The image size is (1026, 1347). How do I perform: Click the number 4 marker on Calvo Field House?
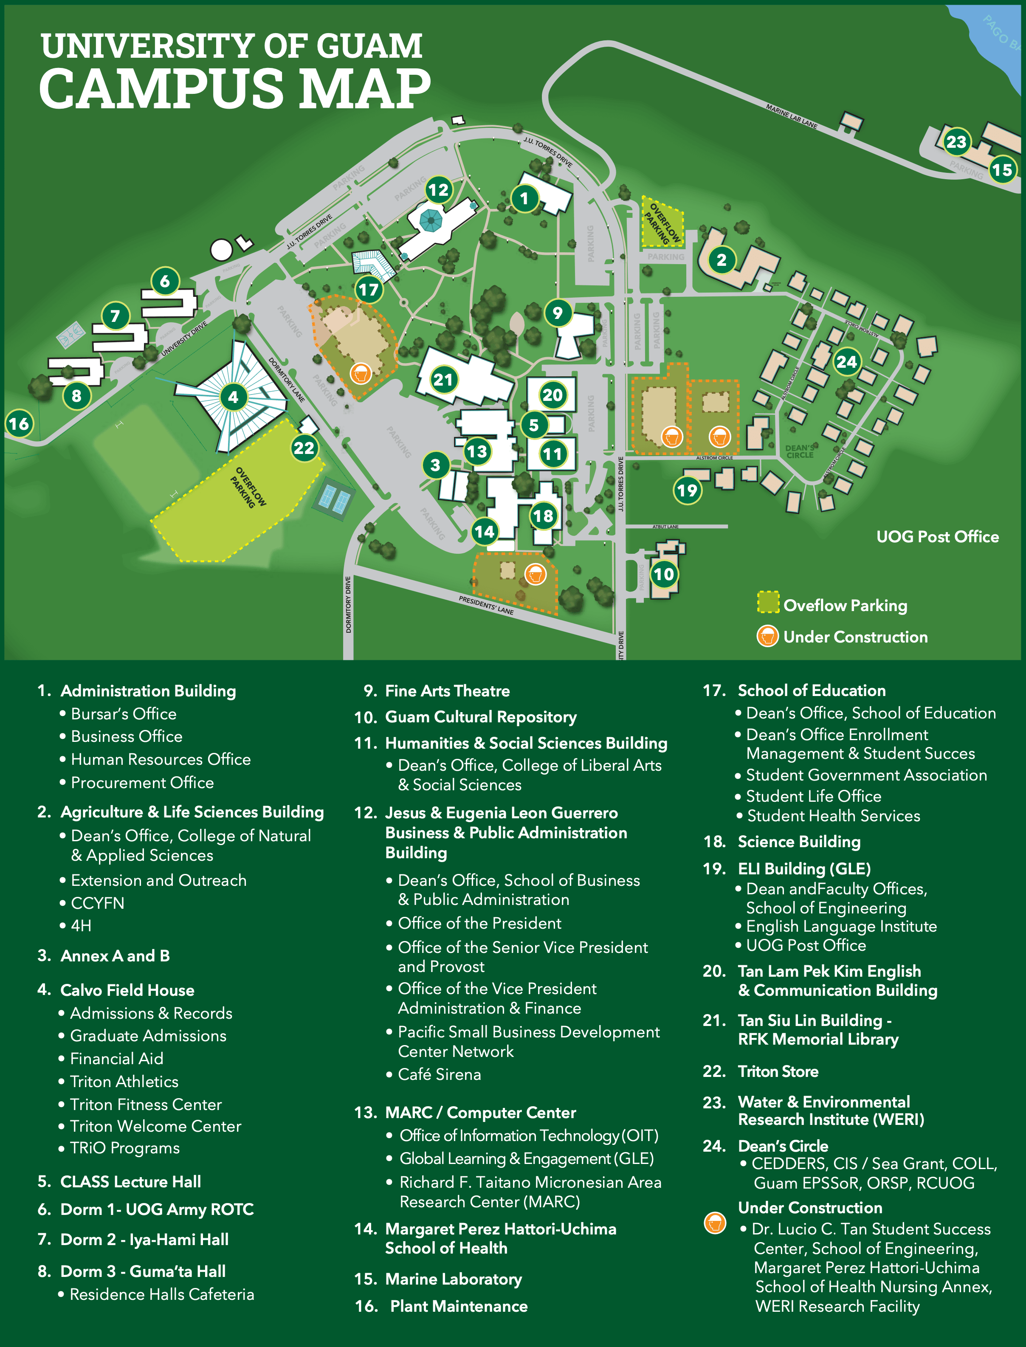coord(233,397)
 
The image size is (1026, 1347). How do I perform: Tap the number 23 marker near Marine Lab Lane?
coord(956,142)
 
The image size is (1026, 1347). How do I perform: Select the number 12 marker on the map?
coord(438,190)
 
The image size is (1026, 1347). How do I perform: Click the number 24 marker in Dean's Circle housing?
coord(846,361)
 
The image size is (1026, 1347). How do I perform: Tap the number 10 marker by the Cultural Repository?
coord(663,574)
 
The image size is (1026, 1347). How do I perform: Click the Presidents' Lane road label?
coord(486,605)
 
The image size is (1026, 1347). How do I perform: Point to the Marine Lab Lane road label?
coord(792,116)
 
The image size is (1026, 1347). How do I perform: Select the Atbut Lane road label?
coord(665,526)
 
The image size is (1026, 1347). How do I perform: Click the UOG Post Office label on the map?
coord(937,537)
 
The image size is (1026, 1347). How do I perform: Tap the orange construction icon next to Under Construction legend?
coord(767,636)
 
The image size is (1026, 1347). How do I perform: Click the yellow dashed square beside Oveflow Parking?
coord(768,602)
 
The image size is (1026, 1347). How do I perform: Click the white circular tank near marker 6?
coord(221,249)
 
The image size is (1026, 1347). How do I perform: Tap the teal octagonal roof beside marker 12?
coord(431,220)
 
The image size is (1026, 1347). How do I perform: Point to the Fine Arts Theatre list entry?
coord(447,690)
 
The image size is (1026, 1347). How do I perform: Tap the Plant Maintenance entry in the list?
coord(459,1306)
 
